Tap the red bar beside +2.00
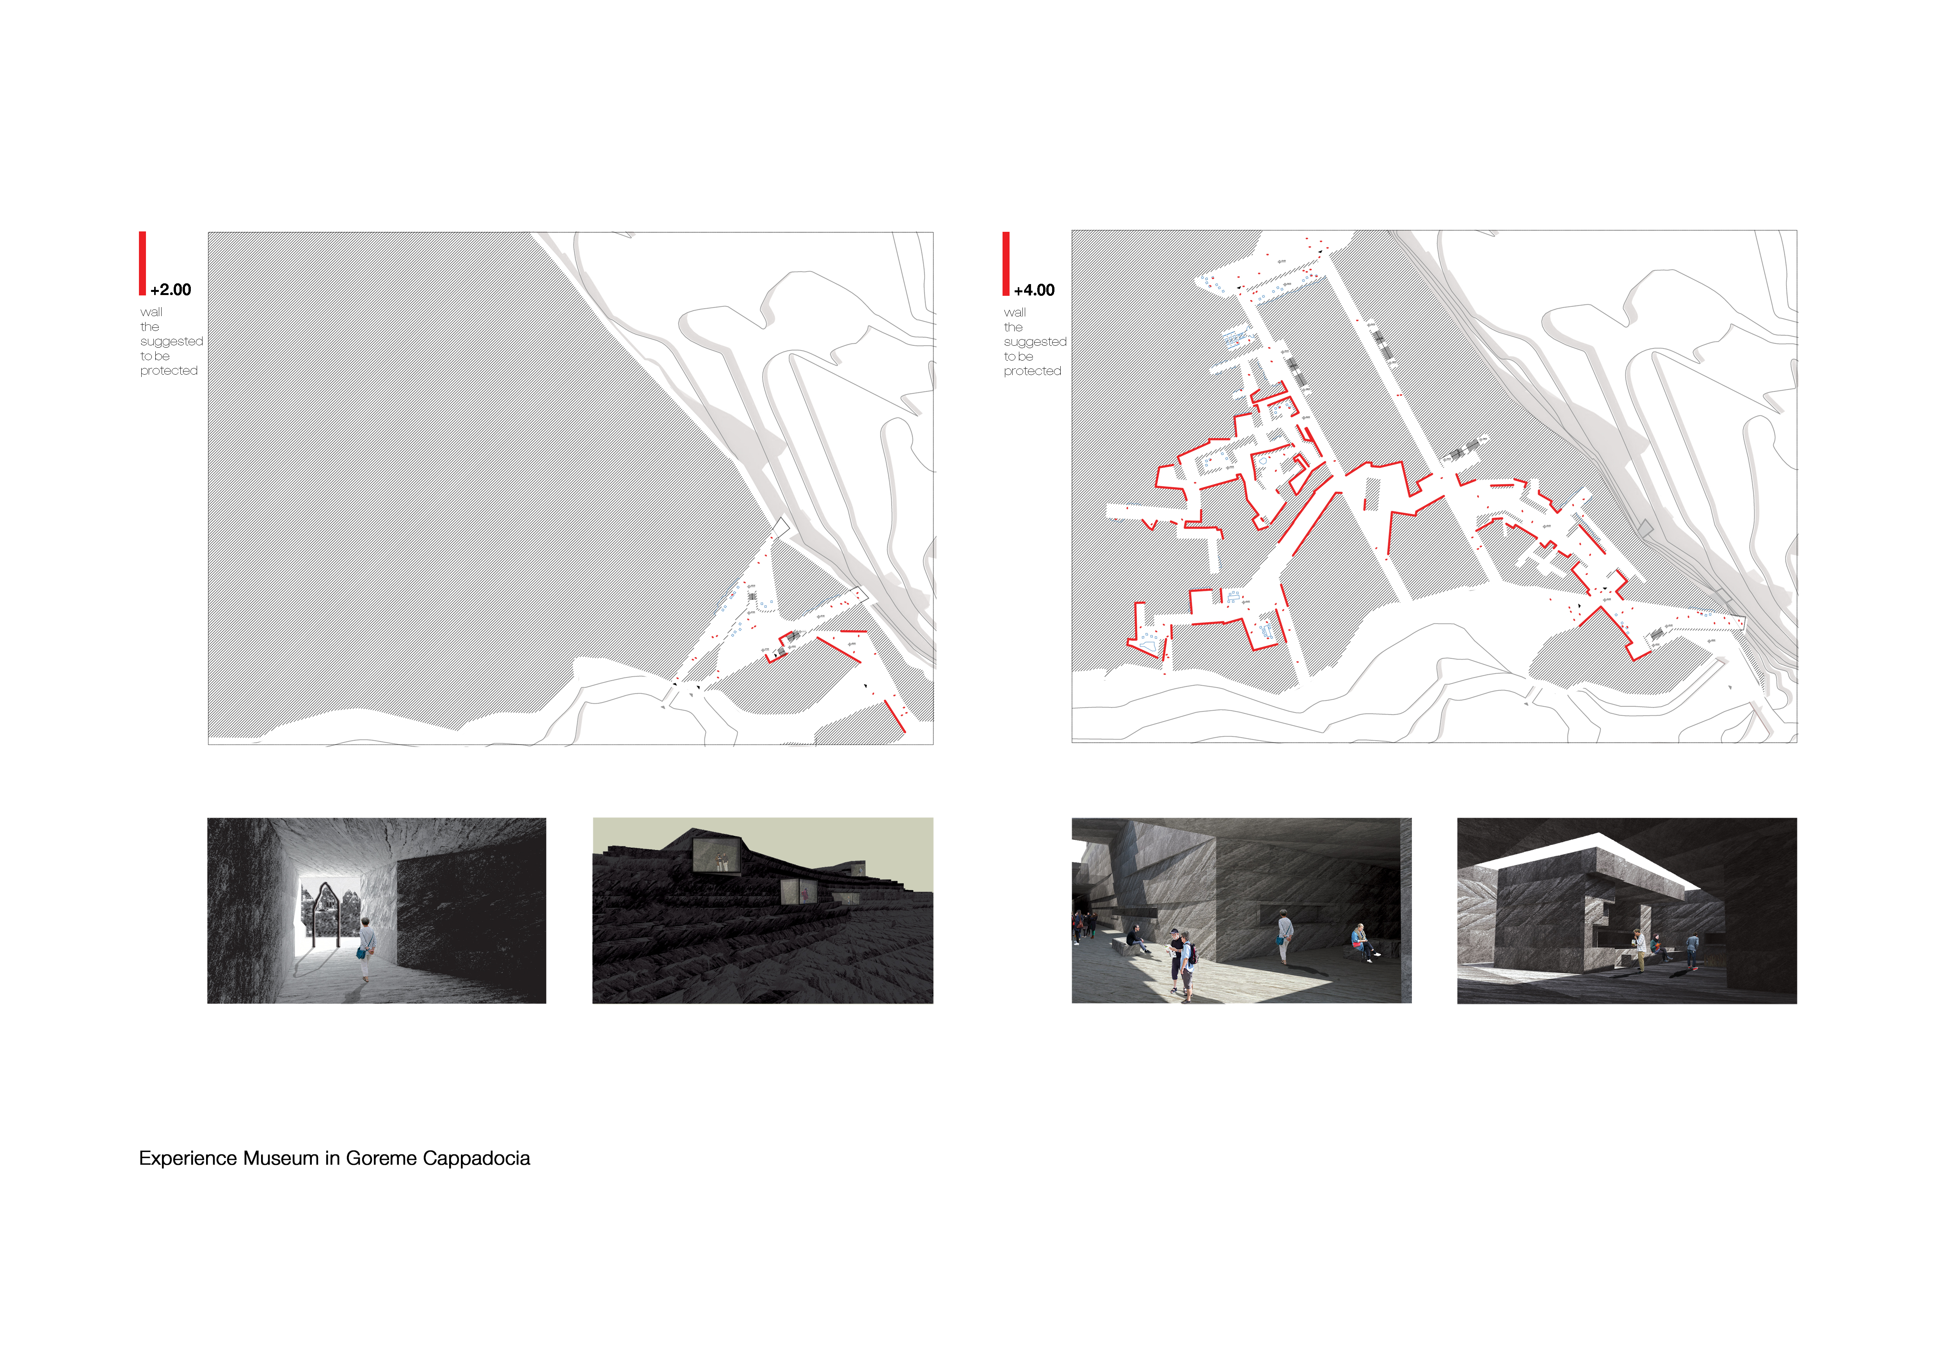(x=142, y=263)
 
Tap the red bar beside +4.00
(x=1006, y=263)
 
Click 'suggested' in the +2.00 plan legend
(x=171, y=341)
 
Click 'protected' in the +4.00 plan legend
(x=1032, y=371)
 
